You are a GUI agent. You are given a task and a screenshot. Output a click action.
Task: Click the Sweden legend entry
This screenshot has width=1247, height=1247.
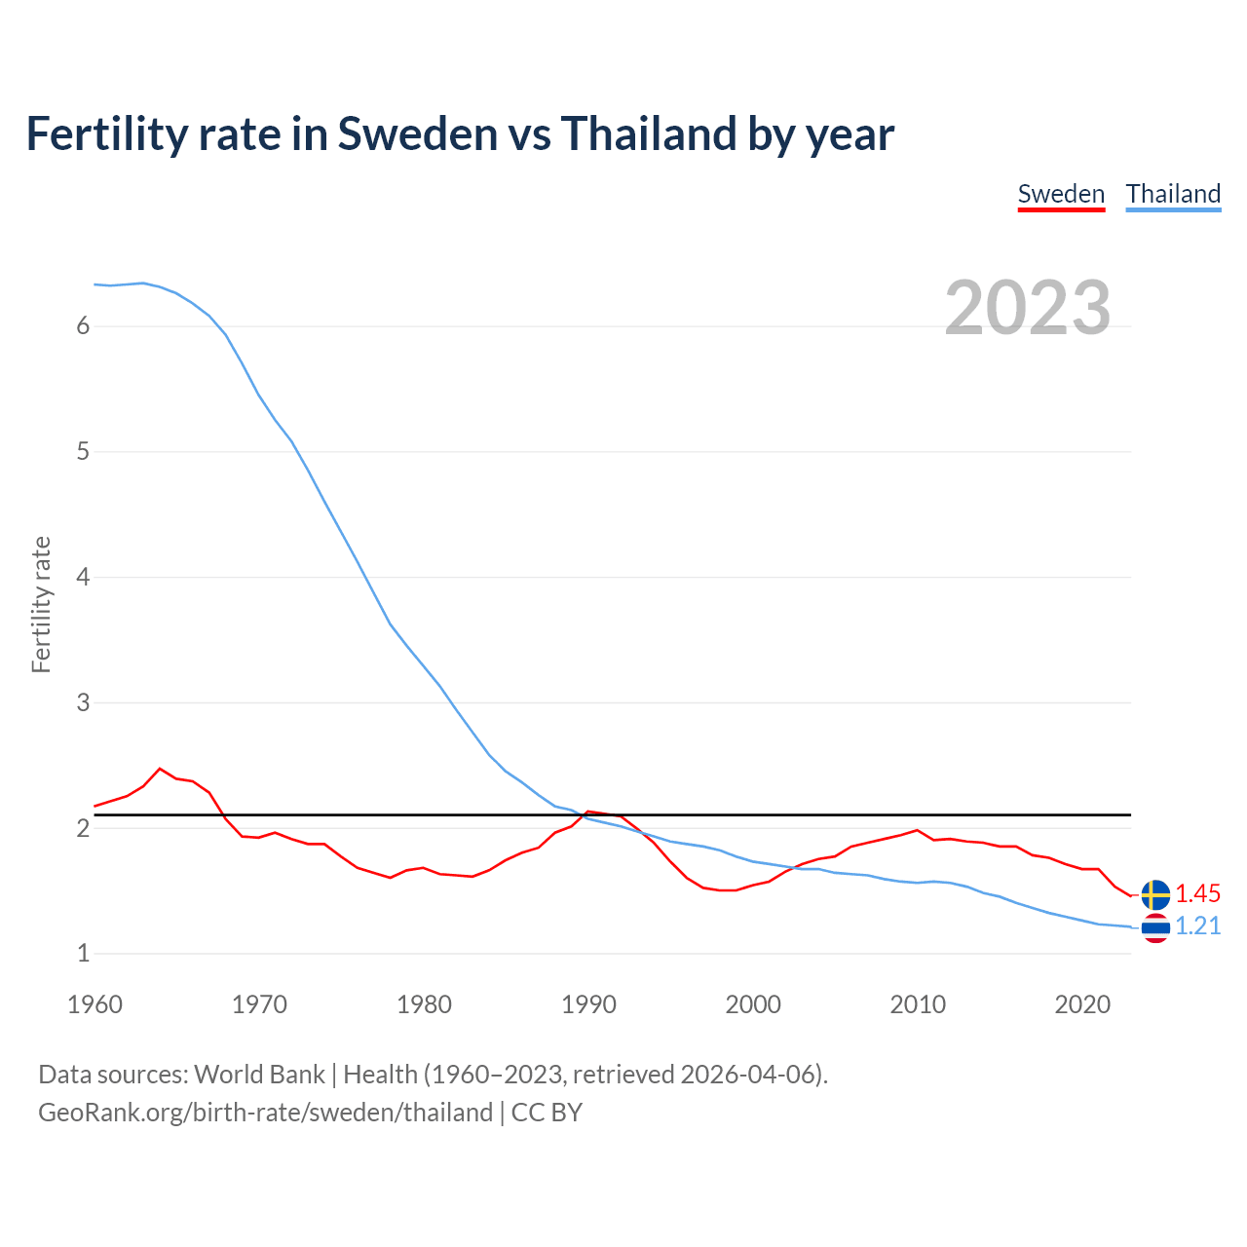(1061, 194)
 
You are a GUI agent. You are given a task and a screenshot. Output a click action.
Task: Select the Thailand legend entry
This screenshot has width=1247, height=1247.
(1173, 194)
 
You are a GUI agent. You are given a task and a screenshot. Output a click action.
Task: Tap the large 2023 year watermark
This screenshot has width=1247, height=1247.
(1027, 308)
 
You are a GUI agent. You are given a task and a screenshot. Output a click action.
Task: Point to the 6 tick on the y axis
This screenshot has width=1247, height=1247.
(83, 326)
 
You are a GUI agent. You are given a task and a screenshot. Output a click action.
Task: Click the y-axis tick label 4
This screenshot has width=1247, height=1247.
(83, 578)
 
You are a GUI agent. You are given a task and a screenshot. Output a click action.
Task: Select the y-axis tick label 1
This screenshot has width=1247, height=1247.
(83, 954)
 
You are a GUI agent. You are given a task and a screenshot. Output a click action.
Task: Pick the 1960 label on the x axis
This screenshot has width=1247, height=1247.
(94, 1004)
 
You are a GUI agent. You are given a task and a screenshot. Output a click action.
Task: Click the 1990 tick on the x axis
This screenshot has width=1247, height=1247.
(588, 1004)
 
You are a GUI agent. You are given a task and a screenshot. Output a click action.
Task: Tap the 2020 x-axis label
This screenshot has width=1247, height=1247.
(1082, 1004)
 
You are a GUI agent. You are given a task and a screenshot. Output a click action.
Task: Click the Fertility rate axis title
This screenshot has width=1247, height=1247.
(41, 604)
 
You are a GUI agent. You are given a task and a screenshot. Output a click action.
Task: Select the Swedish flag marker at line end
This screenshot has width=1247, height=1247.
(1155, 894)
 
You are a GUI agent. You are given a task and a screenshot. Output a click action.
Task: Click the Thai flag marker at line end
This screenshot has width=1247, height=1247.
(1155, 927)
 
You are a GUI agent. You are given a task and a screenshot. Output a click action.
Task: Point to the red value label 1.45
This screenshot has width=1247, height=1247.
(1197, 894)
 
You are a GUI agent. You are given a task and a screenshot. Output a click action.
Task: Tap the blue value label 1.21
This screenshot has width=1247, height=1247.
(1197, 926)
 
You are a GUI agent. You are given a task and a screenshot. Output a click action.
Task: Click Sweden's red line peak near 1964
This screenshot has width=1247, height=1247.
(160, 769)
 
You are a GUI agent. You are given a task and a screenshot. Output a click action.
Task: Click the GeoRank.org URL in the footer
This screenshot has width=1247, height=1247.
(265, 1113)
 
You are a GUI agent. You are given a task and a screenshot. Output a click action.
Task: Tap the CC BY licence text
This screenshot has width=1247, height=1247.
(547, 1113)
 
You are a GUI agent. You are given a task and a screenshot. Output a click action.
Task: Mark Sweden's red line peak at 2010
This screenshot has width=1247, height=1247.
(917, 830)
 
